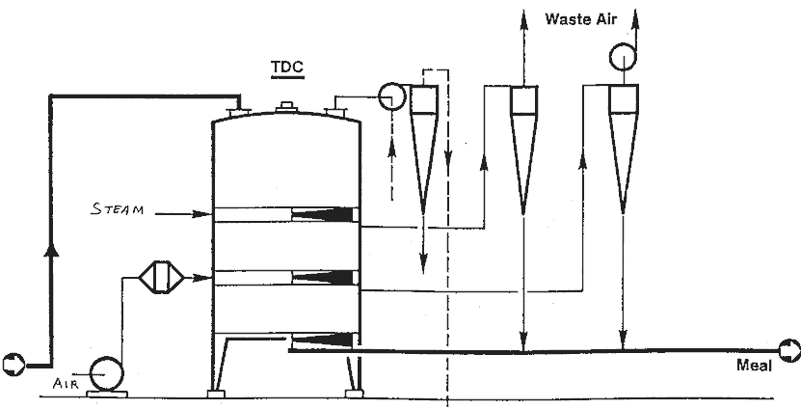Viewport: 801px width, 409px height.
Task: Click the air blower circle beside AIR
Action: pyautogui.click(x=104, y=373)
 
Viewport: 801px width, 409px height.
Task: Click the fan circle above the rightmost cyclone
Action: pyautogui.click(x=624, y=60)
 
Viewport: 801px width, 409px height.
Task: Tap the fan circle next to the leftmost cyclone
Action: pyautogui.click(x=392, y=96)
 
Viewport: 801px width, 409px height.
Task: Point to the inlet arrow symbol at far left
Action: pyautogui.click(x=12, y=364)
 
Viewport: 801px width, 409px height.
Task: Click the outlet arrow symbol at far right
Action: pyautogui.click(x=789, y=348)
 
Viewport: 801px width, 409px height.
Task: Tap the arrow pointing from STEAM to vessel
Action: pyautogui.click(x=193, y=213)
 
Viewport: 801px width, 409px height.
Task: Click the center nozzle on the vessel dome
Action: pyautogui.click(x=284, y=108)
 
